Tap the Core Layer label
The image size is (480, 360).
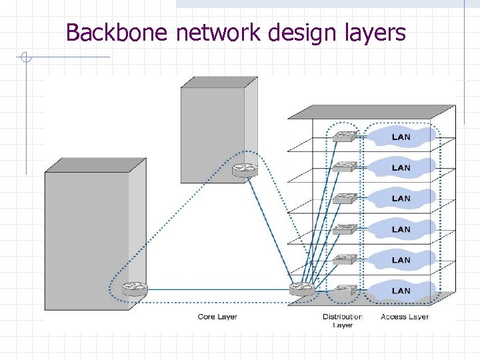(217, 317)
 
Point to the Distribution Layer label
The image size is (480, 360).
(342, 321)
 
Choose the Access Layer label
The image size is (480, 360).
(405, 317)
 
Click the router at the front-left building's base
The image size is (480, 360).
(134, 288)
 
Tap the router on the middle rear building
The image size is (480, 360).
(245, 171)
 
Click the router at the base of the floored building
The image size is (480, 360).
(302, 289)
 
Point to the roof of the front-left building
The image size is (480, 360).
(95, 165)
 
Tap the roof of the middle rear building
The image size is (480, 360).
(219, 82)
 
